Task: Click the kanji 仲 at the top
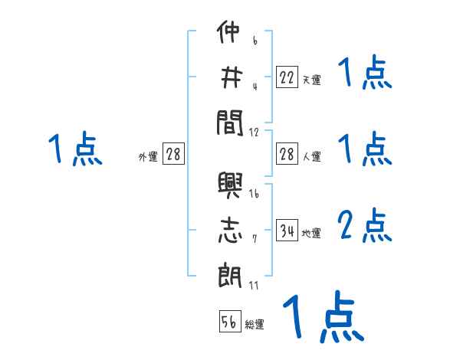pyautogui.click(x=229, y=35)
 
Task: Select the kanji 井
pyautogui.click(x=229, y=77)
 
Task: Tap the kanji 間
pyautogui.click(x=229, y=120)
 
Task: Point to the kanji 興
pyautogui.click(x=229, y=187)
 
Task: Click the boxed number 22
pyautogui.click(x=287, y=77)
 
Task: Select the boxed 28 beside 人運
pyautogui.click(x=287, y=154)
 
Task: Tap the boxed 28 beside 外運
pyautogui.click(x=173, y=155)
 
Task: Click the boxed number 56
pyautogui.click(x=229, y=322)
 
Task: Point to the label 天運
pyautogui.click(x=311, y=80)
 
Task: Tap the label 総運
pyautogui.click(x=255, y=325)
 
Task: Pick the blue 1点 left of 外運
pyautogui.click(x=74, y=150)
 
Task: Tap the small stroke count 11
pyautogui.click(x=254, y=285)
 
